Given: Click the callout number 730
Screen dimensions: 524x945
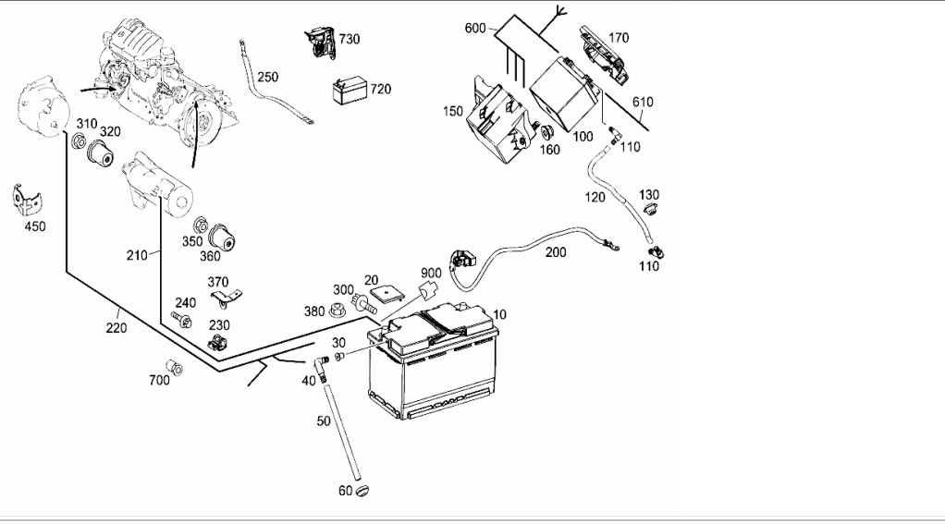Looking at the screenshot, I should point(349,39).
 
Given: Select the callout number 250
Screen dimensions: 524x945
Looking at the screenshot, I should point(267,77).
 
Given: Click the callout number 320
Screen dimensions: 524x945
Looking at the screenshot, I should point(111,131).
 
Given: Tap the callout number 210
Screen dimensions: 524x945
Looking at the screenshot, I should point(138,254).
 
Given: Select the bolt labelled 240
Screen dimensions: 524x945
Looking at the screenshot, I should point(182,320).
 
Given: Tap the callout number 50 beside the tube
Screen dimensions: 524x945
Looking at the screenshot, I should point(324,421).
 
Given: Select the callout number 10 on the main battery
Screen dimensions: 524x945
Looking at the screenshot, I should point(499,314).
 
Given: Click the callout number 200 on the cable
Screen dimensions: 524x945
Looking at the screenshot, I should point(556,251).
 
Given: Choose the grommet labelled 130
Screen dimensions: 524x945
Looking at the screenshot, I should point(649,212).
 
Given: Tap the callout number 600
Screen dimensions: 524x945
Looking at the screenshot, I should point(475,29).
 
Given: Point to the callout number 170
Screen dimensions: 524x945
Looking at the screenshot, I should point(619,39).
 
